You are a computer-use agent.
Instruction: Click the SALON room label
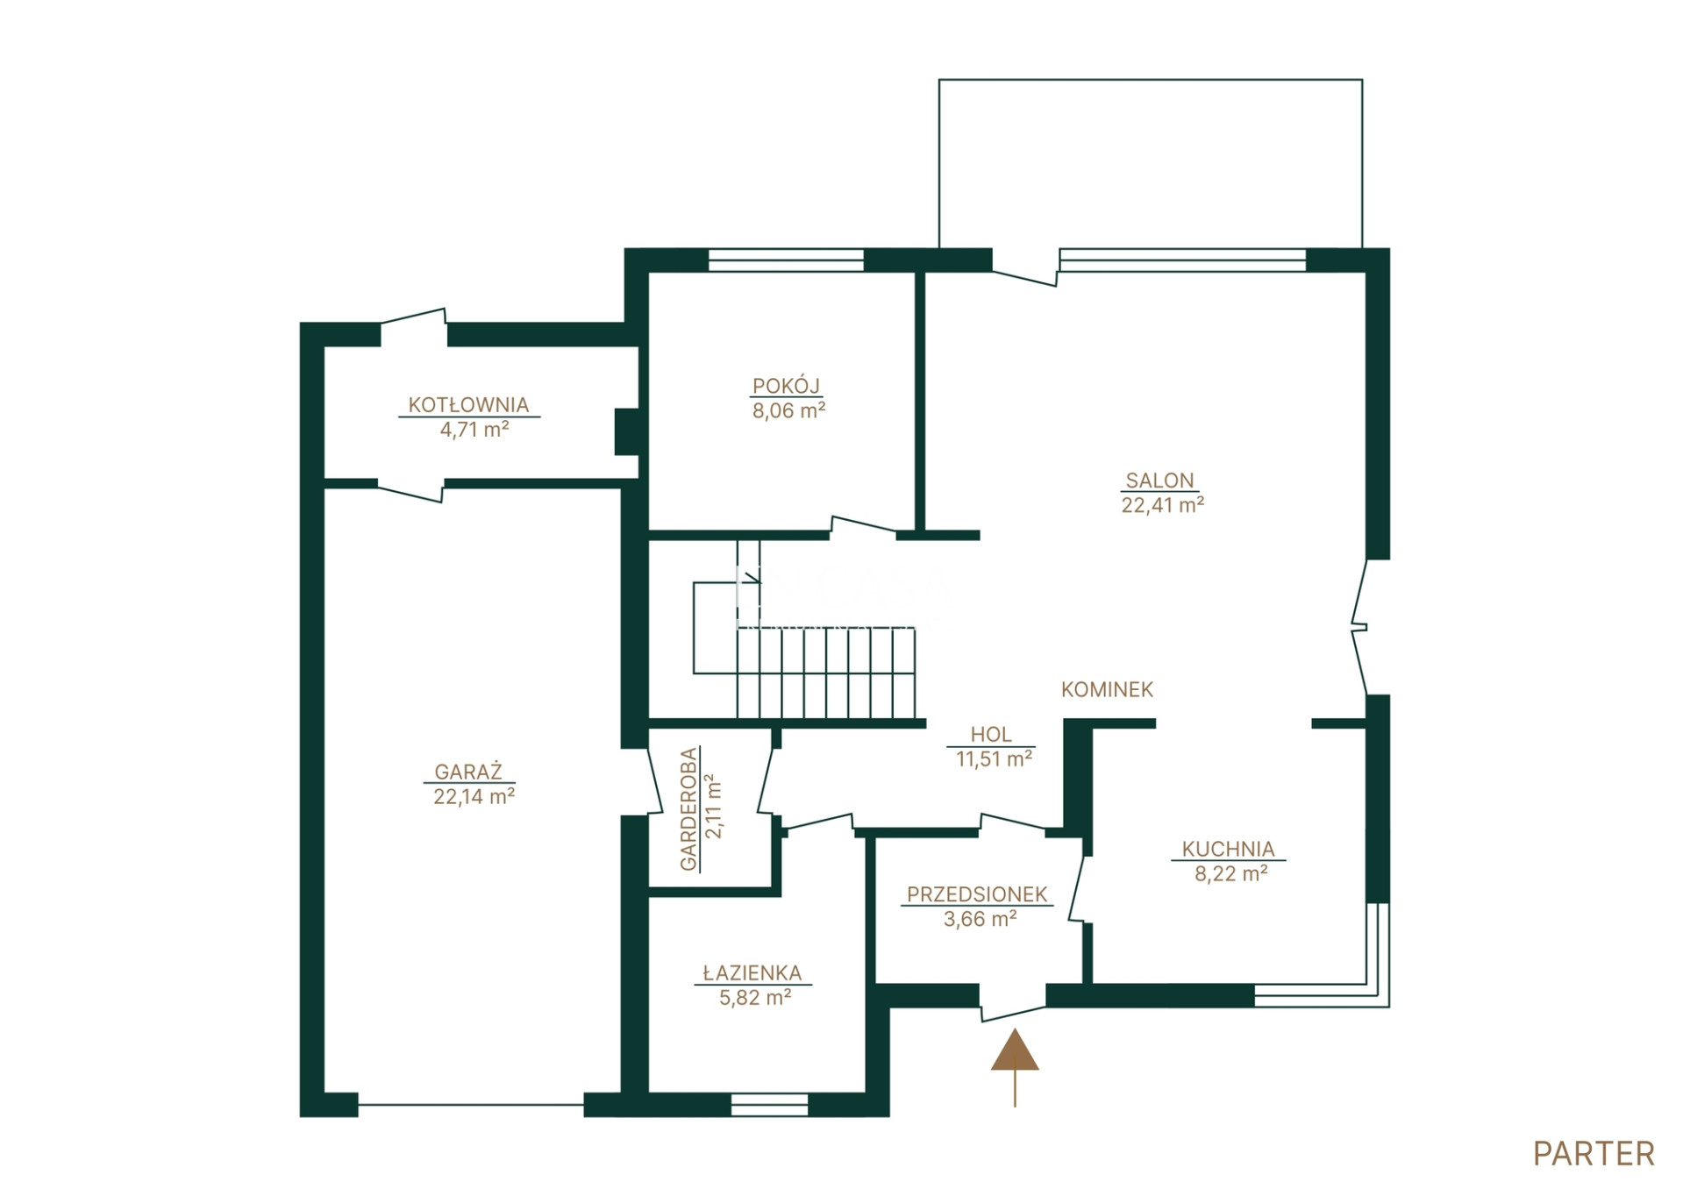pos(1159,481)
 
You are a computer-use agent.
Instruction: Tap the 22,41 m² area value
pos(1162,505)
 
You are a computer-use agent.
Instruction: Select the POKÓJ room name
pos(786,386)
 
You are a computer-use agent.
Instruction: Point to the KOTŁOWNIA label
pos(468,405)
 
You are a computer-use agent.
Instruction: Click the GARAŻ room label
pos(468,772)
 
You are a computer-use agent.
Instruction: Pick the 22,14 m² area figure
pos(474,796)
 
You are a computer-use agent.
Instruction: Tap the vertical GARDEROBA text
pos(689,808)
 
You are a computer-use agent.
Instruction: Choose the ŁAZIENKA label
pos(752,973)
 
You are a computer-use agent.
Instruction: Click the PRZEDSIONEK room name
pos(977,894)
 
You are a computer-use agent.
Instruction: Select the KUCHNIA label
pos(1228,849)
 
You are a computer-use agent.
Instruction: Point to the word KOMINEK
pos(1107,690)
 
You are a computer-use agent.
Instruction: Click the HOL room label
pos(991,735)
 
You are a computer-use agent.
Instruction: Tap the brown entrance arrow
pos(1015,1066)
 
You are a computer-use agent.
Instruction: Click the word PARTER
pos(1594,1154)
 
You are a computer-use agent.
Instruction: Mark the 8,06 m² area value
pos(788,410)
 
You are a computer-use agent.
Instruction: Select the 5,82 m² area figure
pos(755,998)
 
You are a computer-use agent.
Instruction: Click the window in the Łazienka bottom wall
pos(769,1105)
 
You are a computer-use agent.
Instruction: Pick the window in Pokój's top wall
pos(786,260)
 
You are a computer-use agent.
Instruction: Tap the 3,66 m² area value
pos(980,919)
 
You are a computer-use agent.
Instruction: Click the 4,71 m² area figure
pos(474,430)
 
